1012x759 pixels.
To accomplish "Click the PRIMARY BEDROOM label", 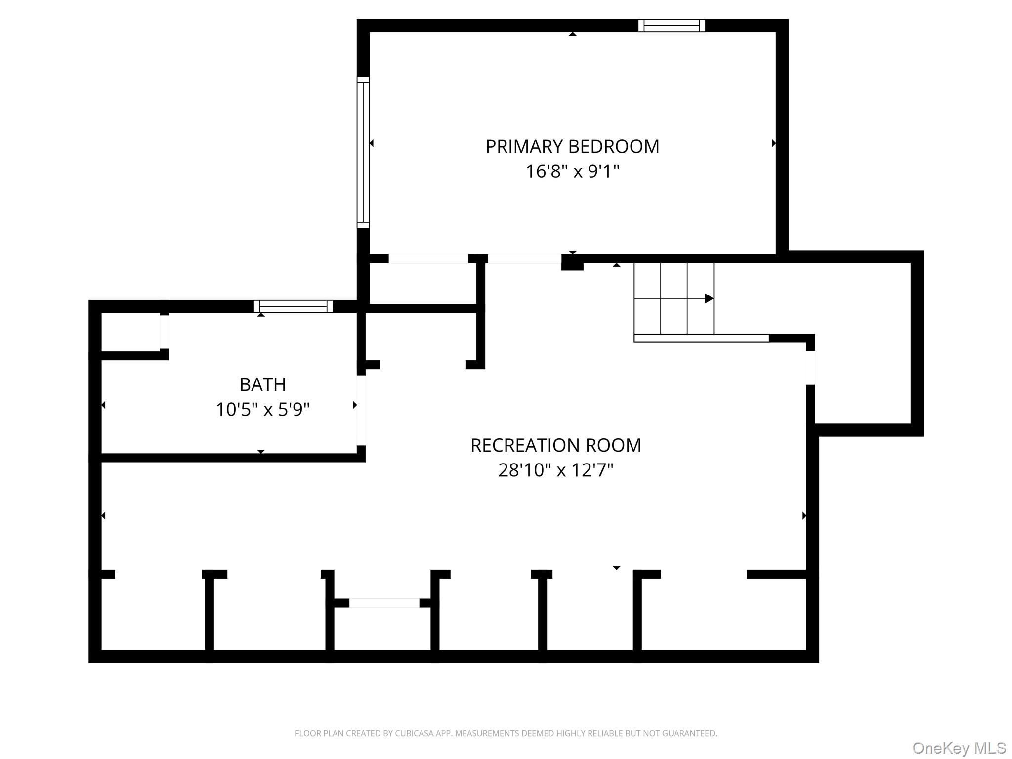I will point(572,147).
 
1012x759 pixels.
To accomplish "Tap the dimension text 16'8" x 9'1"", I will point(572,172).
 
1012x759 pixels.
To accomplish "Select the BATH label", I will point(262,384).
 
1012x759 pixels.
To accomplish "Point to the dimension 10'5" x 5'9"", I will point(262,410).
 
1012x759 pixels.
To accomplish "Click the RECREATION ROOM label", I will point(555,445).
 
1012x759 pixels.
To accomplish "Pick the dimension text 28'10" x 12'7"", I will point(555,470).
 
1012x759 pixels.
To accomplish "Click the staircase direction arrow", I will point(708,298).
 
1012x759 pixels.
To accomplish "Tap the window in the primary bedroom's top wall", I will point(672,25).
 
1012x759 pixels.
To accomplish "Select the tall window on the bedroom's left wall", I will point(363,152).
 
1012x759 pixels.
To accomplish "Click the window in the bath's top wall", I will point(293,306).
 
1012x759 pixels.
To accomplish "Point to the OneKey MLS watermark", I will point(959,748).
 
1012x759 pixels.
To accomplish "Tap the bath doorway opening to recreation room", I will point(361,410).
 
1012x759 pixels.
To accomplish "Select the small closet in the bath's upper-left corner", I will point(130,332).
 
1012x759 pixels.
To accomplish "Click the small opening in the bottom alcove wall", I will point(384,603).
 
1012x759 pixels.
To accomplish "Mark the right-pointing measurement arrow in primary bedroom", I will point(774,143).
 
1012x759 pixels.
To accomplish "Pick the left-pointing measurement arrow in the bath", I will point(103,405).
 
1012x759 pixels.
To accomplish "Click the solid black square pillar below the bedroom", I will point(572,263).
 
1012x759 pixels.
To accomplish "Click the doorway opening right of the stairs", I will point(810,368).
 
